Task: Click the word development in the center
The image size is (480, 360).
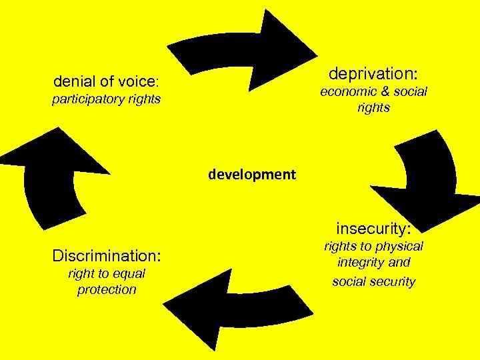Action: [251, 175]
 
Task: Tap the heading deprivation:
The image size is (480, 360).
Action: [373, 73]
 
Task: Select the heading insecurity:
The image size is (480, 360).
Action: [373, 229]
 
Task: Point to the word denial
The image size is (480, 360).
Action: [75, 82]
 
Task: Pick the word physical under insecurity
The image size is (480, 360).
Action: [398, 247]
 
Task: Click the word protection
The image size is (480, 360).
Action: [107, 289]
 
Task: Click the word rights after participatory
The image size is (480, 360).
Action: [145, 100]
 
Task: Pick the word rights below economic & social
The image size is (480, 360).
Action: [373, 107]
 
